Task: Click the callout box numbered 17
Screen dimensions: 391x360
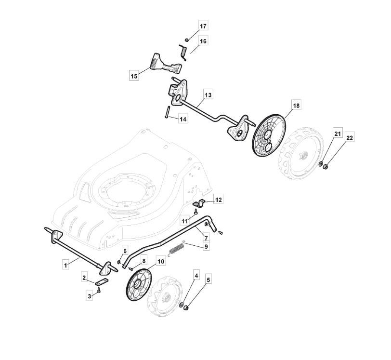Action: tap(203, 26)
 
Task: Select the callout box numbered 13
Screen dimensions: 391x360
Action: tap(208, 95)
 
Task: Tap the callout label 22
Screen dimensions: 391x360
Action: tap(350, 138)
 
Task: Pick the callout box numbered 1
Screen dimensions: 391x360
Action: tap(65, 265)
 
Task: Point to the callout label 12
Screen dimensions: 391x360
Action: tap(218, 200)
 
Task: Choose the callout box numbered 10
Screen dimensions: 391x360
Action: tap(161, 261)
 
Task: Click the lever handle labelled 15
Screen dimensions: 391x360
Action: tap(166, 64)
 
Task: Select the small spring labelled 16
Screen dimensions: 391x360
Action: tap(183, 53)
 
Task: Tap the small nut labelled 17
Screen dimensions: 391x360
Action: tap(186, 40)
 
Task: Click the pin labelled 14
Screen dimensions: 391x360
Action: tap(167, 112)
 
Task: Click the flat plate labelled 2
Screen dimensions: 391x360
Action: tap(102, 281)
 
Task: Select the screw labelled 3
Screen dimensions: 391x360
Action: tap(99, 290)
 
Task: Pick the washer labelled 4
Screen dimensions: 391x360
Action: tap(181, 305)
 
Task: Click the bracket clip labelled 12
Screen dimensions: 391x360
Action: tap(199, 203)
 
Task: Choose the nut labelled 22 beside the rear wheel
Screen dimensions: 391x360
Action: tap(325, 166)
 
